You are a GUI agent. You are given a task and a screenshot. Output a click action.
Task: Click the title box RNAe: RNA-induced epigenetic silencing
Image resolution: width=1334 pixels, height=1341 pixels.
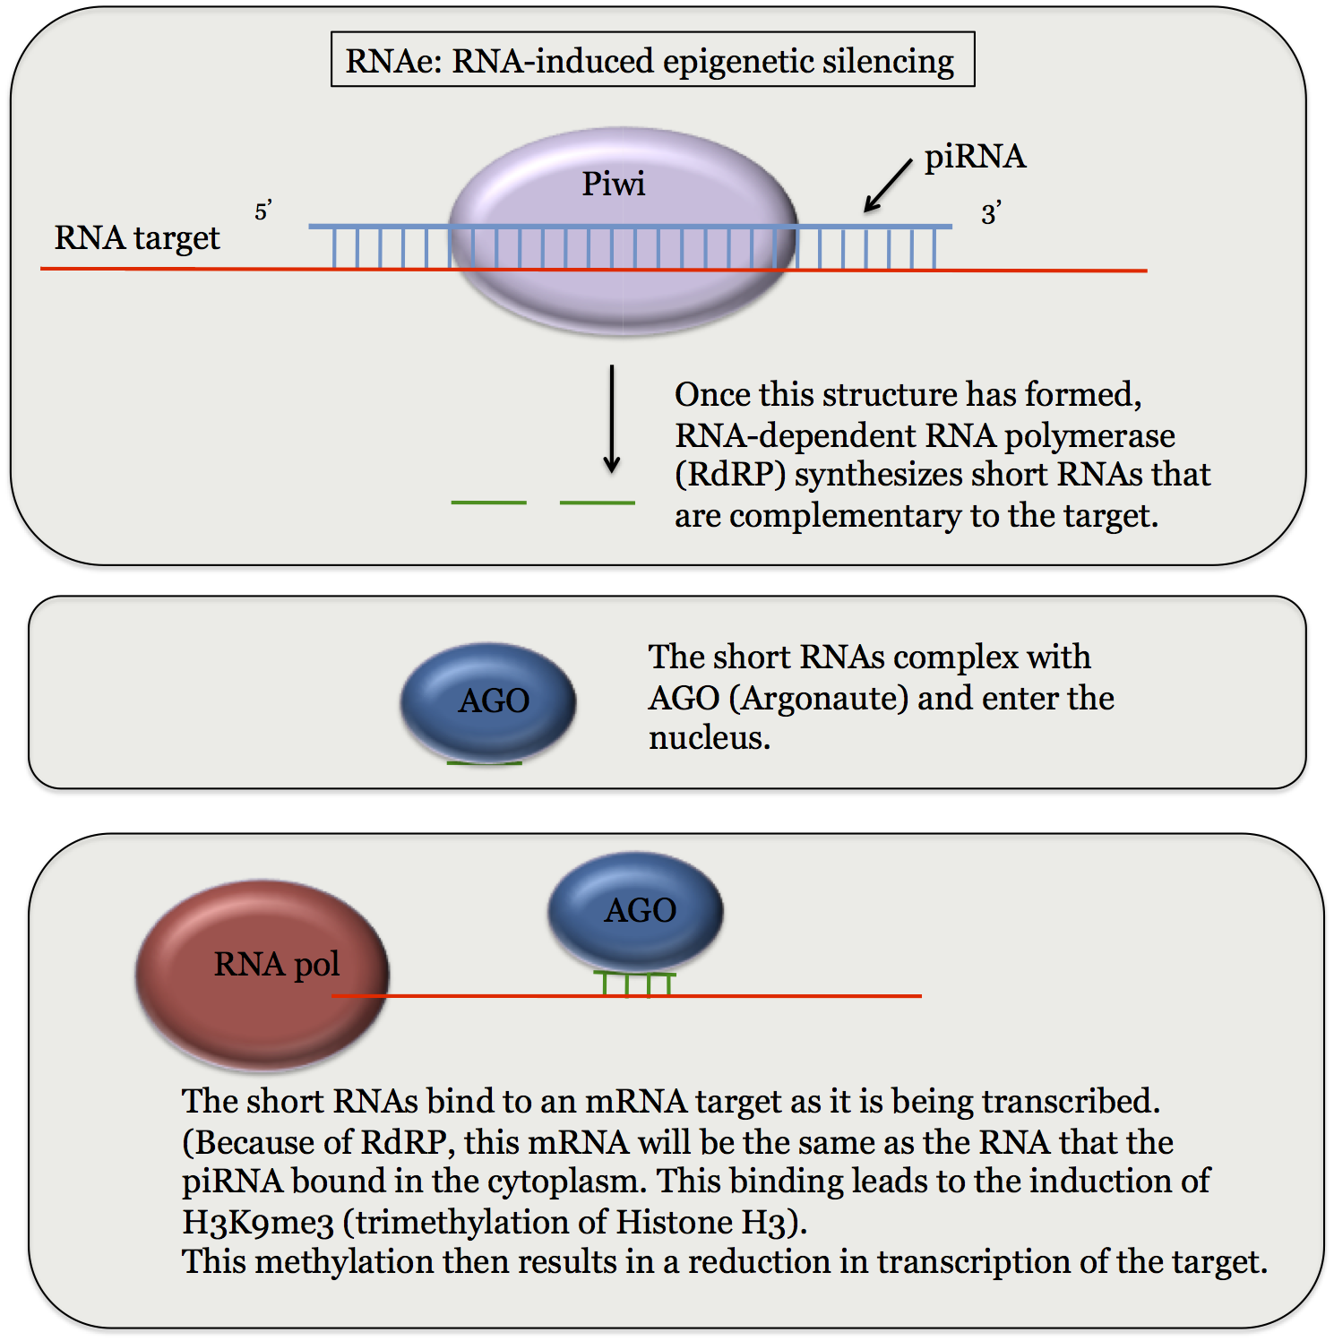point(652,60)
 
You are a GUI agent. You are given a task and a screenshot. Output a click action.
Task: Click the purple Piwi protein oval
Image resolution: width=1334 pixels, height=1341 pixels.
point(623,296)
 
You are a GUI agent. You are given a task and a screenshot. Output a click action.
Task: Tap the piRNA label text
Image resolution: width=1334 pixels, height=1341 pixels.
point(975,157)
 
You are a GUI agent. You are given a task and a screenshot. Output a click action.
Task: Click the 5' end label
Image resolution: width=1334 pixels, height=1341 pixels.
point(262,212)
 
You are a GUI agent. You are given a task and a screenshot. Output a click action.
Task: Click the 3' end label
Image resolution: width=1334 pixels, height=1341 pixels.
point(990,214)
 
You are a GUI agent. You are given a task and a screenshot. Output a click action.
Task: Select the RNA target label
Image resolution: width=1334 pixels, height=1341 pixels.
point(137,238)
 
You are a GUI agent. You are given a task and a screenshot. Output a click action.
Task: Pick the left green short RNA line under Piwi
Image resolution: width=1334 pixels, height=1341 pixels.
point(488,503)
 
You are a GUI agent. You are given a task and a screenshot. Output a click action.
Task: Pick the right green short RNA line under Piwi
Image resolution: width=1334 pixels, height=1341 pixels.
point(597,503)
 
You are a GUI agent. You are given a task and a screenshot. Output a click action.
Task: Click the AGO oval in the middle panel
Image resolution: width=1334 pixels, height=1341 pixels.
point(487,701)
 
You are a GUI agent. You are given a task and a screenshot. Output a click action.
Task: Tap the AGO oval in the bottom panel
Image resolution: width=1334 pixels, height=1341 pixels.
point(635,910)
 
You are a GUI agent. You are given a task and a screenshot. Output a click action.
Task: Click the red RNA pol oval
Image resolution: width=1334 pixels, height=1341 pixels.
point(262,974)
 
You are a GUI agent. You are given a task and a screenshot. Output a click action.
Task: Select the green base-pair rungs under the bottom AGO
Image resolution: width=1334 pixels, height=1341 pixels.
point(636,984)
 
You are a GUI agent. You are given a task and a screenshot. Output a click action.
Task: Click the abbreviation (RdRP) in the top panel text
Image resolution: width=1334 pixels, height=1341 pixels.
point(730,475)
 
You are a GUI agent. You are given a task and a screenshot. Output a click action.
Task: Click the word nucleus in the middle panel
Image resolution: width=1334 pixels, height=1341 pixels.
point(709,738)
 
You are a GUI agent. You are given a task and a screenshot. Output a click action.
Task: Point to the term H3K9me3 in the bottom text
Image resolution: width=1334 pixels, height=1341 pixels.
point(258,1222)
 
